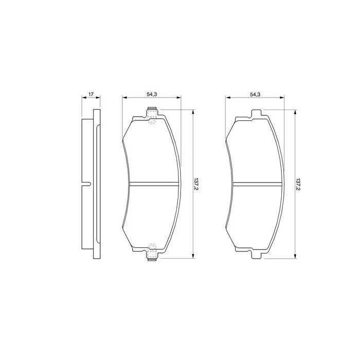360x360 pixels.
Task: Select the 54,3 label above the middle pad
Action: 151,95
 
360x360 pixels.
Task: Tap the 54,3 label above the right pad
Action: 255,95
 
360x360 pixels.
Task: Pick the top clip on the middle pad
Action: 152,115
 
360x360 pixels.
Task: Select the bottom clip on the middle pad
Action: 152,253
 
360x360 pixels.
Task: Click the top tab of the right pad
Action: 255,114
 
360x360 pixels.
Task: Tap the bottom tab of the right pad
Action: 255,254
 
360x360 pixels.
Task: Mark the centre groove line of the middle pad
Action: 153,185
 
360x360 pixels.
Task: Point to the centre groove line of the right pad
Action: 256,185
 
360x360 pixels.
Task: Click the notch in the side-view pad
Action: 87,184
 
